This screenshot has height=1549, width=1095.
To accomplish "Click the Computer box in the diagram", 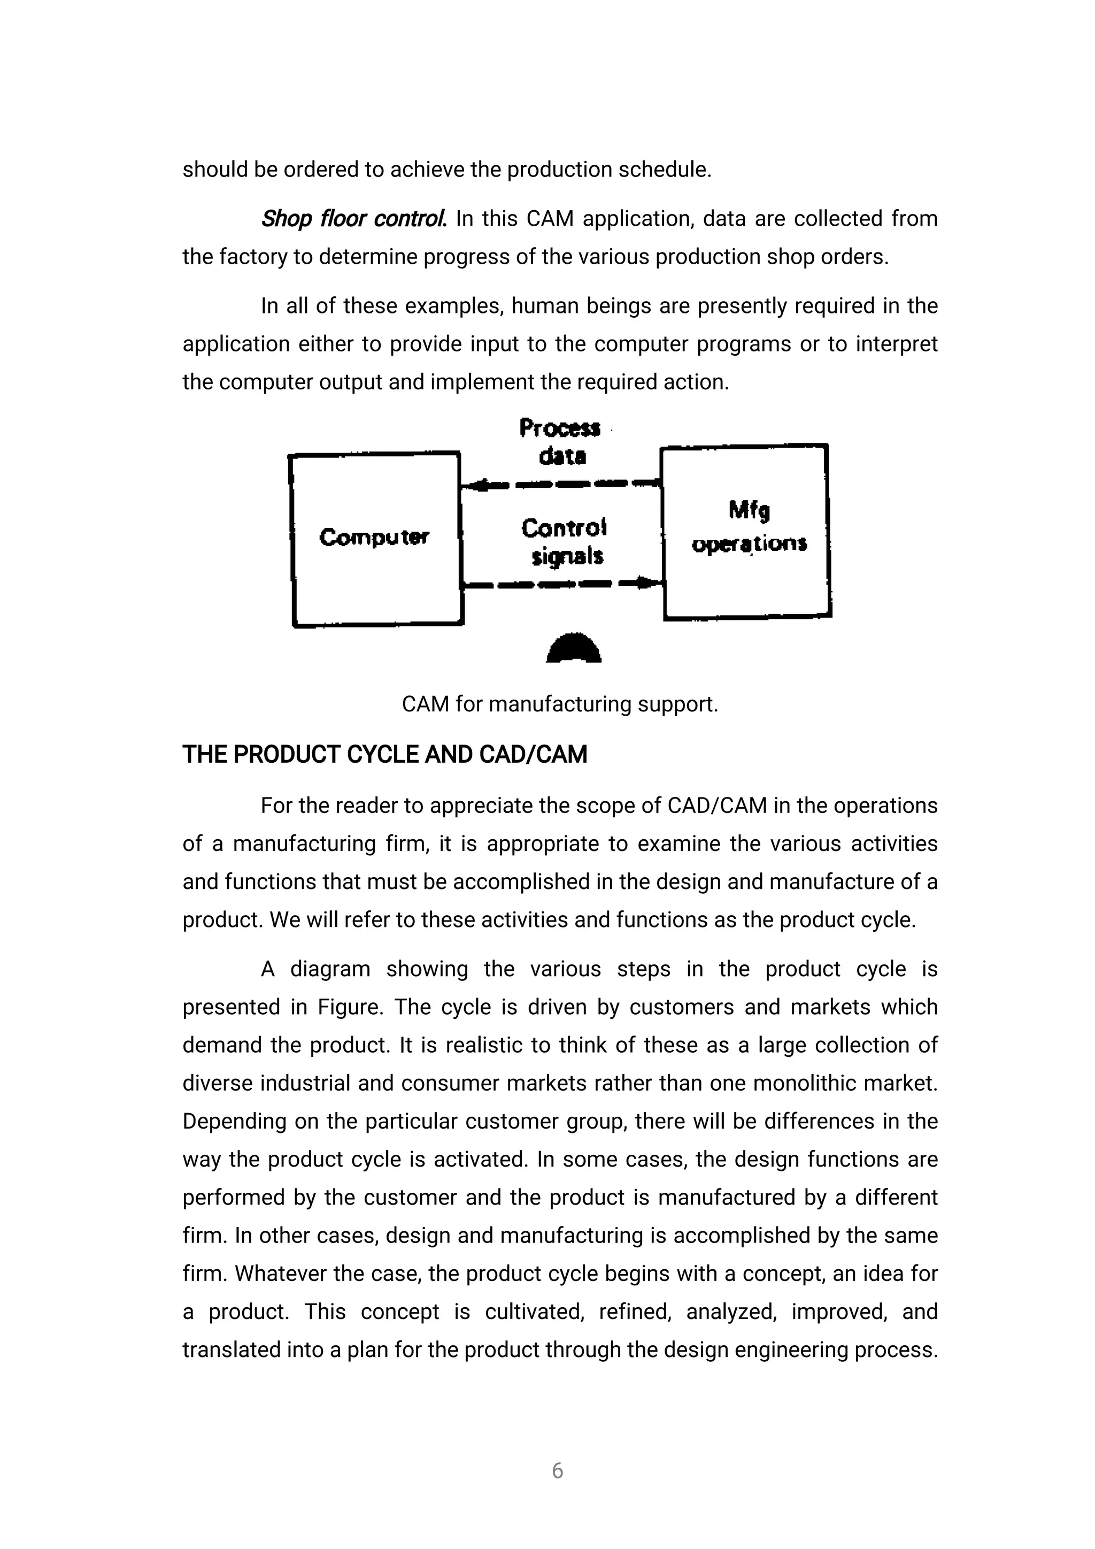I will pos(375,539).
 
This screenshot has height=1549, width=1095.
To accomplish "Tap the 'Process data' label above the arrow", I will pos(560,442).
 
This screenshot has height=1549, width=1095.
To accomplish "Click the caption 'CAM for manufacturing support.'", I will pos(560,704).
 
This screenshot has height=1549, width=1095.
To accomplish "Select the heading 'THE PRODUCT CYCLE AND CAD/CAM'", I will pos(384,754).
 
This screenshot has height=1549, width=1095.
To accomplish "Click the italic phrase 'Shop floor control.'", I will pos(353,219).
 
